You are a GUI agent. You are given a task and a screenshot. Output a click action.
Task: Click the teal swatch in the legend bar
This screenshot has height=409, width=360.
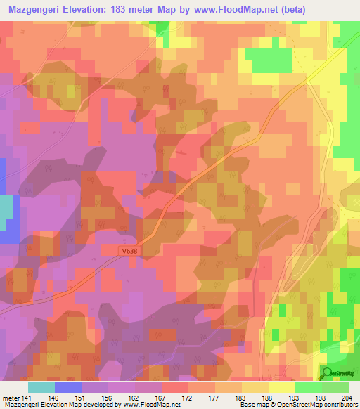(x=41, y=387)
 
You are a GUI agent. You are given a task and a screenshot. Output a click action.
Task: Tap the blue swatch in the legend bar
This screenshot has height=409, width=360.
(x=68, y=387)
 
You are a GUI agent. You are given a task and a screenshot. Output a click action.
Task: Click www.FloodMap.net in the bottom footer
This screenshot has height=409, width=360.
(x=148, y=405)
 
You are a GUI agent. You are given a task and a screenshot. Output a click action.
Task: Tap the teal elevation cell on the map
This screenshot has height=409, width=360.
(x=6, y=209)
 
